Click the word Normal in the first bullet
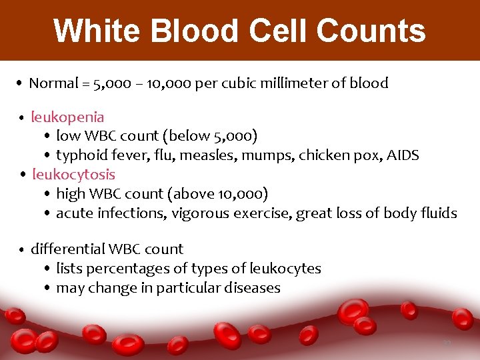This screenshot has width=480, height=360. click(x=53, y=83)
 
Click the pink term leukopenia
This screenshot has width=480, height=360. click(x=67, y=117)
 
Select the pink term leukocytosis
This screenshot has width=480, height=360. click(x=73, y=175)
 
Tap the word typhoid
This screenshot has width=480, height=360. click(x=79, y=155)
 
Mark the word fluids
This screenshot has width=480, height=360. click(x=439, y=213)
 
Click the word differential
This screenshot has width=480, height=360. click(x=67, y=249)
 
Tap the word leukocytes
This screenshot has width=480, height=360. click(x=285, y=269)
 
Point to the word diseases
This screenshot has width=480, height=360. click(x=254, y=288)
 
